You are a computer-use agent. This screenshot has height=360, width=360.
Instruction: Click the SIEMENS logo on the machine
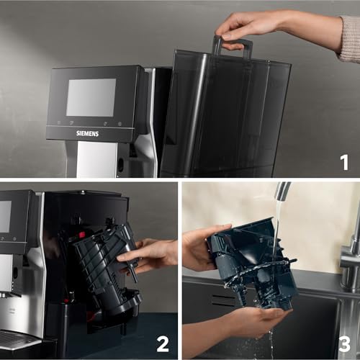[88, 133]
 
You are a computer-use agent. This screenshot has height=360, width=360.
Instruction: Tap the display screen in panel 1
[91, 97]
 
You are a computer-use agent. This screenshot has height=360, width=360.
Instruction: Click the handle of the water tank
[233, 45]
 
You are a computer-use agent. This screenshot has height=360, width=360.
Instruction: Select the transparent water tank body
[223, 115]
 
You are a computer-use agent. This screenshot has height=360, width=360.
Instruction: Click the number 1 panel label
[344, 162]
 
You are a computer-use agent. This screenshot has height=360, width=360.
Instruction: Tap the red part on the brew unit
[83, 235]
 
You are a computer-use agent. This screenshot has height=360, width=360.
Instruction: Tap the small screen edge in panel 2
[5, 216]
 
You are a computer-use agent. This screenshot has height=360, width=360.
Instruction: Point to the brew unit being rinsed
[252, 263]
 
